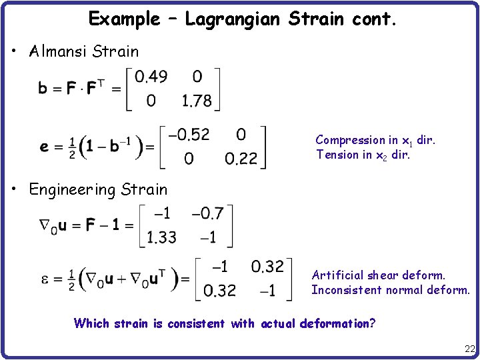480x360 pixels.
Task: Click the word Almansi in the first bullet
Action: point(59,52)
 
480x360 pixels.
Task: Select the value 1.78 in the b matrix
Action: point(197,101)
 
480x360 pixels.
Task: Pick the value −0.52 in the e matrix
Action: point(189,135)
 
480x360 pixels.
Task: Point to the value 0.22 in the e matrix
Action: point(241,159)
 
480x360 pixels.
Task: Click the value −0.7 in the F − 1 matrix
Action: point(208,213)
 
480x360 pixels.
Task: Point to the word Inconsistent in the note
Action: point(346,290)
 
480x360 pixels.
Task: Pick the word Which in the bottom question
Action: point(91,324)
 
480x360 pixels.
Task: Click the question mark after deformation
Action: point(372,324)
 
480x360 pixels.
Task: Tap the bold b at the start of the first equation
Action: point(42,89)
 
